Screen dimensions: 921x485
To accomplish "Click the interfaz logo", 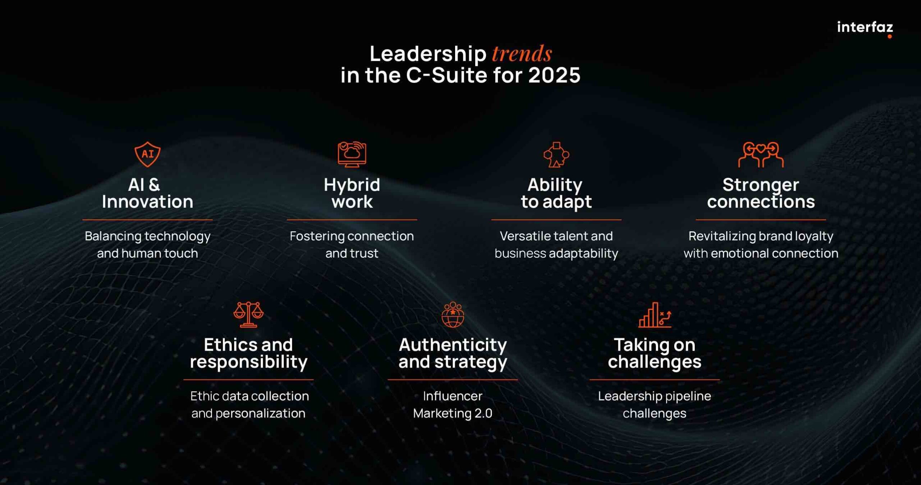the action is pyautogui.click(x=865, y=28).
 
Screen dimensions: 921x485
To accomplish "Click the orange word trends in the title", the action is pyautogui.click(x=522, y=54).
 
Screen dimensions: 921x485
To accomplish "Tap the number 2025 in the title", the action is pyautogui.click(x=554, y=75).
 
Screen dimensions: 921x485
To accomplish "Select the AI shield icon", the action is pyautogui.click(x=148, y=154).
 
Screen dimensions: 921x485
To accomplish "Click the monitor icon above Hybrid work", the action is pyautogui.click(x=352, y=154).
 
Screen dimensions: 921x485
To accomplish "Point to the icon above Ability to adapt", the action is pyautogui.click(x=556, y=154).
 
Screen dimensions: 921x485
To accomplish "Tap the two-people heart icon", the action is pyautogui.click(x=761, y=154).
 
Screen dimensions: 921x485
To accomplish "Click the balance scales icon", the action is pyautogui.click(x=248, y=315).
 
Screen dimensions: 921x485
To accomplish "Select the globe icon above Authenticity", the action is pyautogui.click(x=453, y=315).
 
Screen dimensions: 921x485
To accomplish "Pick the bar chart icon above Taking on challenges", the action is pyautogui.click(x=655, y=315).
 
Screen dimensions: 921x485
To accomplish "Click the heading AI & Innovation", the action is pyautogui.click(x=148, y=193).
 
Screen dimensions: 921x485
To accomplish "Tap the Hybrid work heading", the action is pyautogui.click(x=352, y=193).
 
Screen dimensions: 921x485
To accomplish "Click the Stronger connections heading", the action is pyautogui.click(x=761, y=193).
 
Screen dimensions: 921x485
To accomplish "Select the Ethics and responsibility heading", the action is pyautogui.click(x=248, y=354).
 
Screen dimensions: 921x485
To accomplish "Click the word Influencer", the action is pyautogui.click(x=453, y=396).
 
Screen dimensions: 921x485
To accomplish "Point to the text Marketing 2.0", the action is pyautogui.click(x=453, y=413).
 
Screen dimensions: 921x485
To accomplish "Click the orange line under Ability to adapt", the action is pyautogui.click(x=556, y=220).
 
